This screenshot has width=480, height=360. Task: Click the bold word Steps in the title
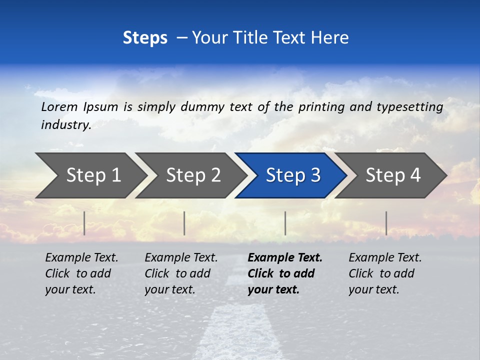click(x=145, y=37)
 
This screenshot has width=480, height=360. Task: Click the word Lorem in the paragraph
click(x=59, y=106)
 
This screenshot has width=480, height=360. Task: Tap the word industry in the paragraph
click(x=65, y=125)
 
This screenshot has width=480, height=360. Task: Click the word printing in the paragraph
click(x=319, y=106)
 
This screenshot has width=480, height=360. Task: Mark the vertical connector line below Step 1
click(x=84, y=223)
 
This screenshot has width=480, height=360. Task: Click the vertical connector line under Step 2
click(x=184, y=223)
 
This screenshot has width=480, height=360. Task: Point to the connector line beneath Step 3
click(x=285, y=223)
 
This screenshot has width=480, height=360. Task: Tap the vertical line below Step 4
click(x=386, y=223)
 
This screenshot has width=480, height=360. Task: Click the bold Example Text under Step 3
click(x=285, y=258)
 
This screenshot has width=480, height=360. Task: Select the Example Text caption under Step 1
click(x=81, y=258)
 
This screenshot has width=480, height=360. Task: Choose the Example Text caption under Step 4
click(x=385, y=258)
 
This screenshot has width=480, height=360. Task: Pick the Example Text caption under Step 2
click(x=181, y=258)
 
